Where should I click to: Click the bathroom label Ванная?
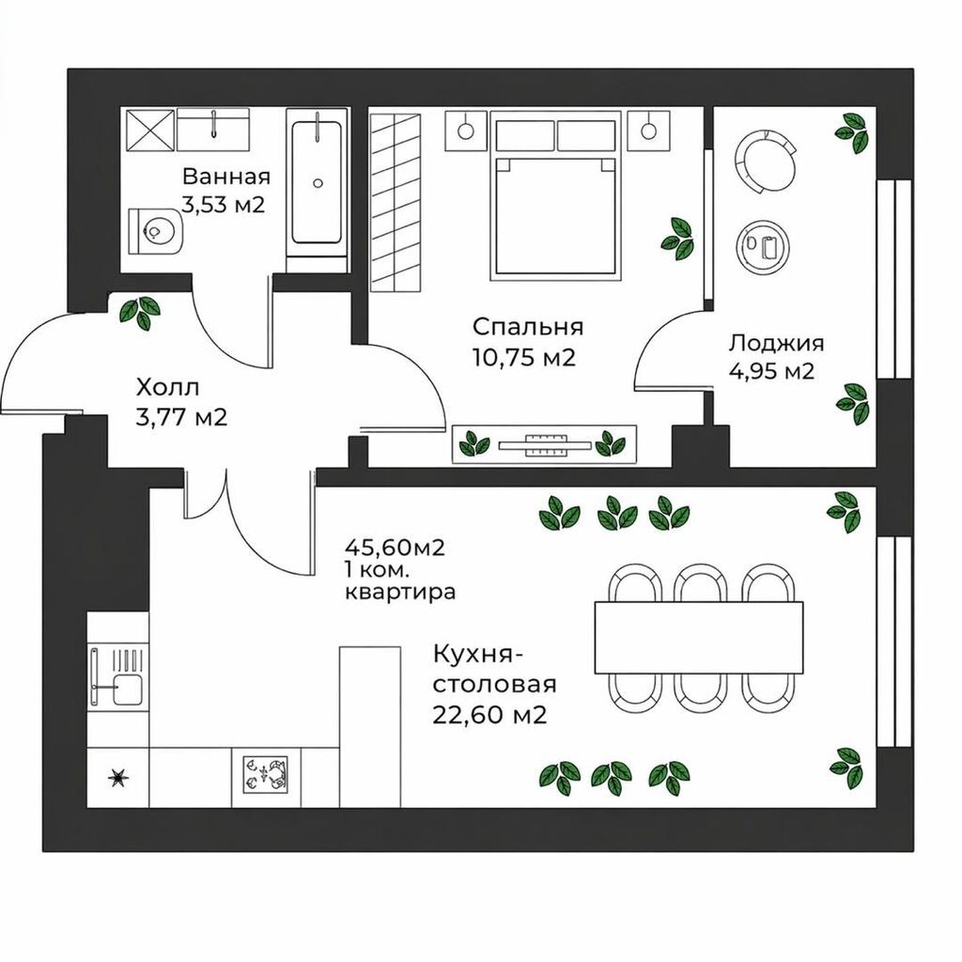(226, 177)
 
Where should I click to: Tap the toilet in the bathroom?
(156, 231)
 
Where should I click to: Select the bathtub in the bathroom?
(317, 183)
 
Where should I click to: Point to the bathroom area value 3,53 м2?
(224, 204)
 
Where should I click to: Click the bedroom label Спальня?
(528, 327)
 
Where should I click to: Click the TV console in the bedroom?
(544, 444)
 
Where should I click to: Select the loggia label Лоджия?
(776, 343)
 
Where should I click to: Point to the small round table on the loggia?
(761, 244)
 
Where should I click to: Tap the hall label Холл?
(167, 388)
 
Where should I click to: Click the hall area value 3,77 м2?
(181, 418)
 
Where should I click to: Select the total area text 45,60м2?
(395, 547)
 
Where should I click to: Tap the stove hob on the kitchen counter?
(266, 773)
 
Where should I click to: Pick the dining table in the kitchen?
(699, 638)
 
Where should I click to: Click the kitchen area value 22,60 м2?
(489, 715)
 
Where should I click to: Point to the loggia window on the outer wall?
(894, 278)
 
